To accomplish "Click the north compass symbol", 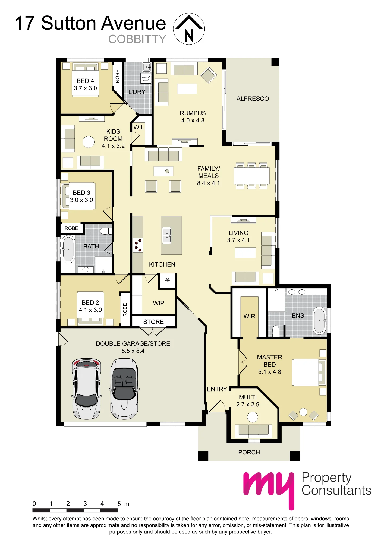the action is [x=189, y=29].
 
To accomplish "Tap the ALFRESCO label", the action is [x=253, y=99].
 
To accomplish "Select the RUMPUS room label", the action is [x=193, y=113].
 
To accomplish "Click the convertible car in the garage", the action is [x=124, y=389].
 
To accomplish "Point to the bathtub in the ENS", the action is [x=319, y=321].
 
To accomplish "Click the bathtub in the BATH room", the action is [x=68, y=249].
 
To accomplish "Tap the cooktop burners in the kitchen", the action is [x=138, y=245].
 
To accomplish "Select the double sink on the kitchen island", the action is [x=167, y=235].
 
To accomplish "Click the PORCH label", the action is [x=249, y=452].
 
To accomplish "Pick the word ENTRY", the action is [x=217, y=389].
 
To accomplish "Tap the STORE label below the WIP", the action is [x=153, y=322].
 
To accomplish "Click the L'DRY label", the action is [x=137, y=92].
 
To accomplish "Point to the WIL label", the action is [x=139, y=127].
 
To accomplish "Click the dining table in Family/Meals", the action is [x=252, y=176].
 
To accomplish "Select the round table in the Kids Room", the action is [x=89, y=142].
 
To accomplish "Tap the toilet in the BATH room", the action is [x=106, y=231].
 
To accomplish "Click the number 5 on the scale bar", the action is [x=119, y=504].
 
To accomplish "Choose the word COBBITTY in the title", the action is [x=137, y=39].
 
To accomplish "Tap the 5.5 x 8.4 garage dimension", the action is [x=133, y=351].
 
